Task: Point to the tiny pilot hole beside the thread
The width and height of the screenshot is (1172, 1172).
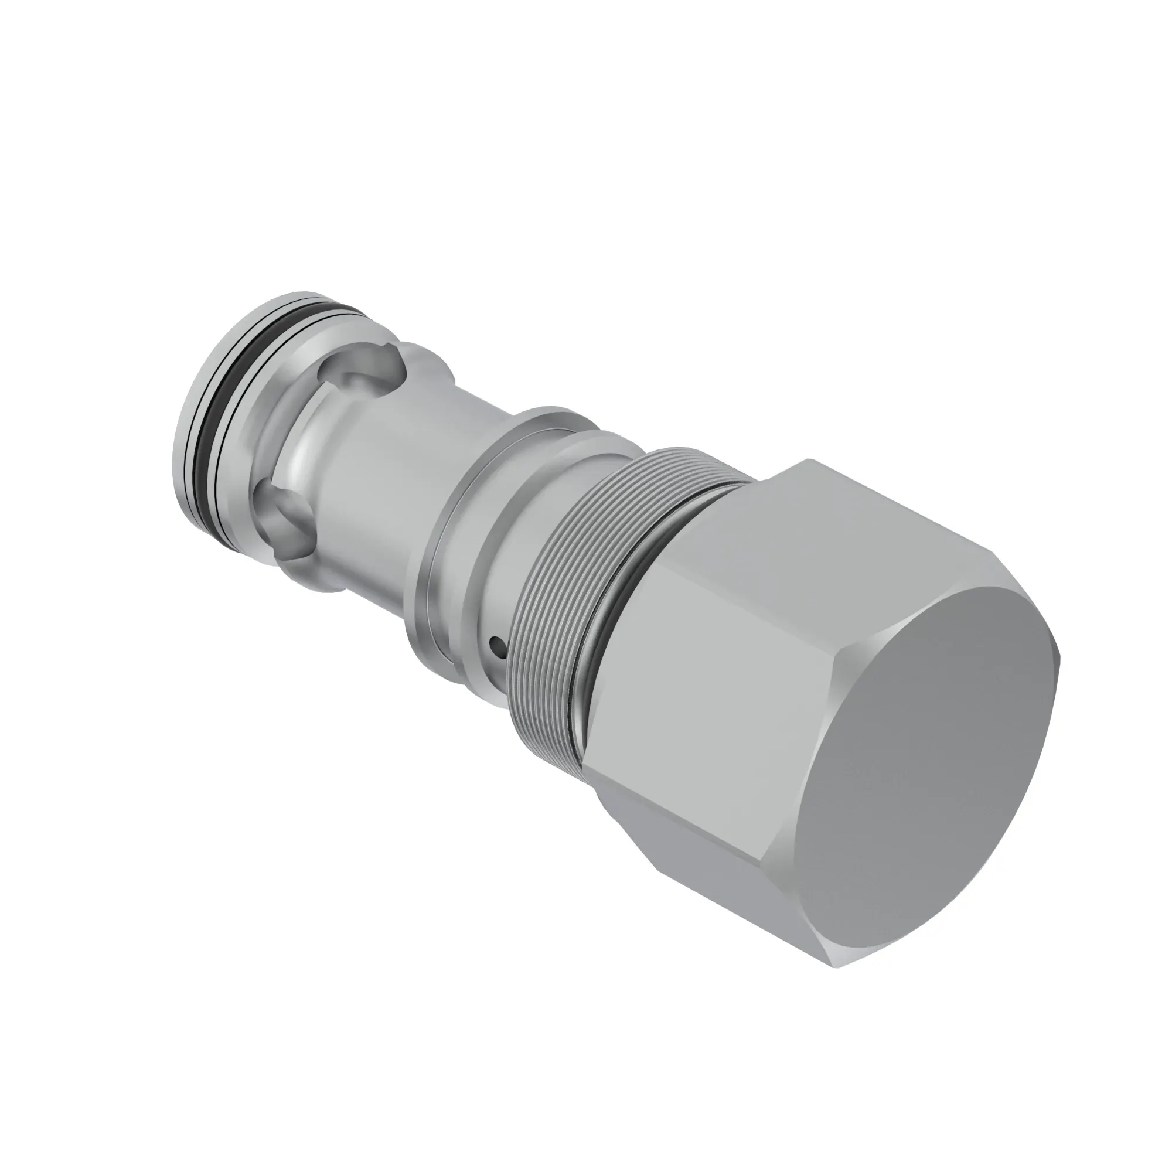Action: coord(498,644)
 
